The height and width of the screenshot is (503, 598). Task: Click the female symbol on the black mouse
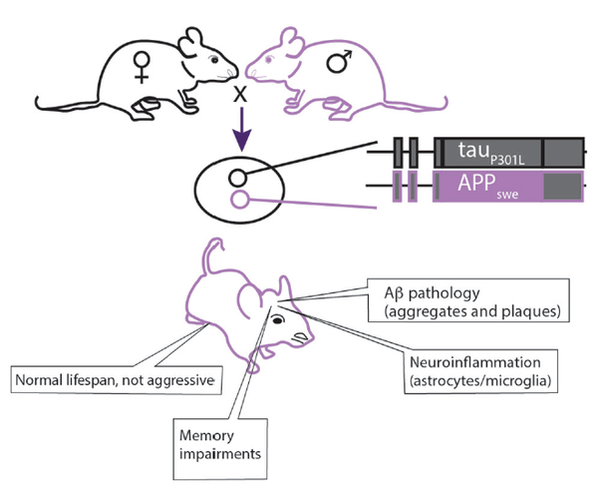tap(142, 67)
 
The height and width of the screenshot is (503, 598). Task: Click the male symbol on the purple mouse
tap(340, 61)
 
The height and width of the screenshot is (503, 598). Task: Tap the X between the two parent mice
tap(240, 94)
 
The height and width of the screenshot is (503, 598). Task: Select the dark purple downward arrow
tap(242, 129)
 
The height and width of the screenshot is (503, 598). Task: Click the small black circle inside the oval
tap(237, 178)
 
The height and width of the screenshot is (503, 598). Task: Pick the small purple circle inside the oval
tap(240, 199)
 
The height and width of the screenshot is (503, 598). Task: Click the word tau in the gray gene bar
tap(473, 150)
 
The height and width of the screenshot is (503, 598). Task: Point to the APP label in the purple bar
tap(476, 183)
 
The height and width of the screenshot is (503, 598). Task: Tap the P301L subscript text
tap(507, 160)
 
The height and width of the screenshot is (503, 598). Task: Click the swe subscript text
tap(507, 195)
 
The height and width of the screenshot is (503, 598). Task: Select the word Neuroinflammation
tap(474, 362)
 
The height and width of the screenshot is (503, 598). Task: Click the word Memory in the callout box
tap(206, 435)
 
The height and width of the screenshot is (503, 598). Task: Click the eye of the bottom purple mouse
tap(278, 320)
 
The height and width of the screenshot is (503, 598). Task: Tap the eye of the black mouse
tap(214, 60)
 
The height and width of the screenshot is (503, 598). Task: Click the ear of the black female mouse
tap(190, 41)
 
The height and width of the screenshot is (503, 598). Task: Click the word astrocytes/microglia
tap(479, 381)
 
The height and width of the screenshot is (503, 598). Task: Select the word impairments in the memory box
tap(220, 454)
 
